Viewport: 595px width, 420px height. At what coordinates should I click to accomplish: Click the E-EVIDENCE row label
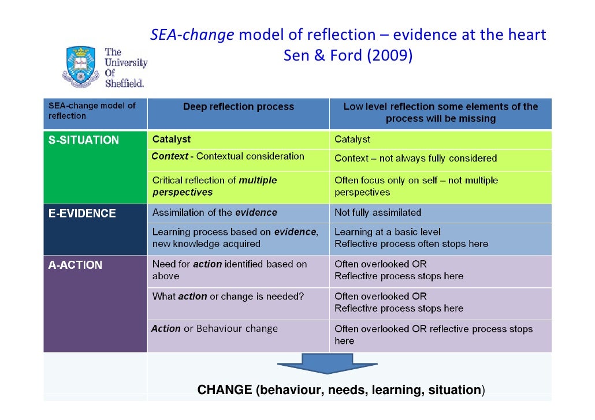82,213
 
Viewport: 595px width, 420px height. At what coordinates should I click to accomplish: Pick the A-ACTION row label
75,265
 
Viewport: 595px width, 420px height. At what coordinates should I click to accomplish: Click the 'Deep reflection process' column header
238,107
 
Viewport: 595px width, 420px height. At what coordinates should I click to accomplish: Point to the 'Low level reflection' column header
440,112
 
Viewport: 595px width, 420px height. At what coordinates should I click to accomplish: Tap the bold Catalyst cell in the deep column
172,139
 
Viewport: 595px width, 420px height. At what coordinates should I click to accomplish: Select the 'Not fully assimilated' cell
378,212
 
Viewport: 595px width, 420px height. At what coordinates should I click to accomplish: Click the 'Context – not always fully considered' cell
415,158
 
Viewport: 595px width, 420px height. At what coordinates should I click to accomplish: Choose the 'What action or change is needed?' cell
228,297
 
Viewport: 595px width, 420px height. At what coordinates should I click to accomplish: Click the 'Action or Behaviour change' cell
214,329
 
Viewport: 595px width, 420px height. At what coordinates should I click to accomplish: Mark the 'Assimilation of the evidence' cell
214,212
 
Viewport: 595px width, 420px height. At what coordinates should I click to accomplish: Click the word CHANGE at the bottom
225,391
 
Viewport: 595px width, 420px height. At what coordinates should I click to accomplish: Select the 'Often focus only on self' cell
415,186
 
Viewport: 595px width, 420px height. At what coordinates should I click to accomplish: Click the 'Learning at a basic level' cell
411,238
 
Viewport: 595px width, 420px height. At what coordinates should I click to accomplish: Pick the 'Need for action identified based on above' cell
229,270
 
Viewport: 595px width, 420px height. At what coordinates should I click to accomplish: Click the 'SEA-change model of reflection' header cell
92,111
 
